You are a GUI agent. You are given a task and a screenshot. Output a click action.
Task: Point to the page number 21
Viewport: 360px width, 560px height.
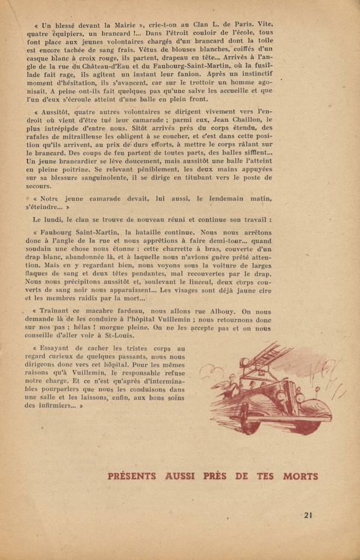click(x=309, y=515)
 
